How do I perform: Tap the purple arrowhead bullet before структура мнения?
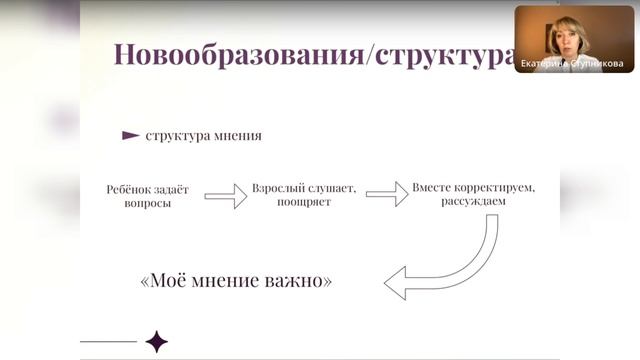(130, 135)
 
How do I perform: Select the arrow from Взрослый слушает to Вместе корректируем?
(387, 194)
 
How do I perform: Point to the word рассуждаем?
(472, 202)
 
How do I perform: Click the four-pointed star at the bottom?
(156, 342)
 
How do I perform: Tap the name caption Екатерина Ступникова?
(573, 63)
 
